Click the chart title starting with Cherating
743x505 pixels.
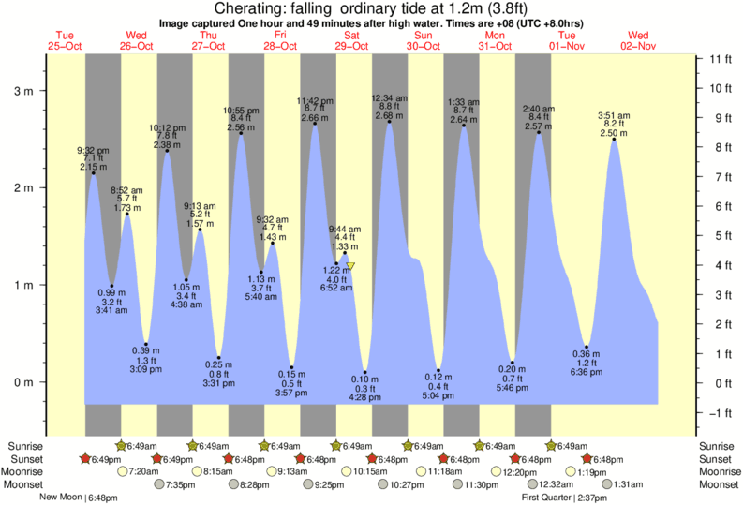click(x=372, y=8)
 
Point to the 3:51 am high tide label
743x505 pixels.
click(x=615, y=116)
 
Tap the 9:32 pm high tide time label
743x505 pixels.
click(x=93, y=150)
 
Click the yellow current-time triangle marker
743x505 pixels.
click(x=351, y=267)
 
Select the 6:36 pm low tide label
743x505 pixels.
click(x=586, y=372)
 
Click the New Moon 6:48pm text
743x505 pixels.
click(x=79, y=498)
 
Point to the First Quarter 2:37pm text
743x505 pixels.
click(x=567, y=498)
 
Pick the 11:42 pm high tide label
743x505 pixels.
click(x=315, y=100)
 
